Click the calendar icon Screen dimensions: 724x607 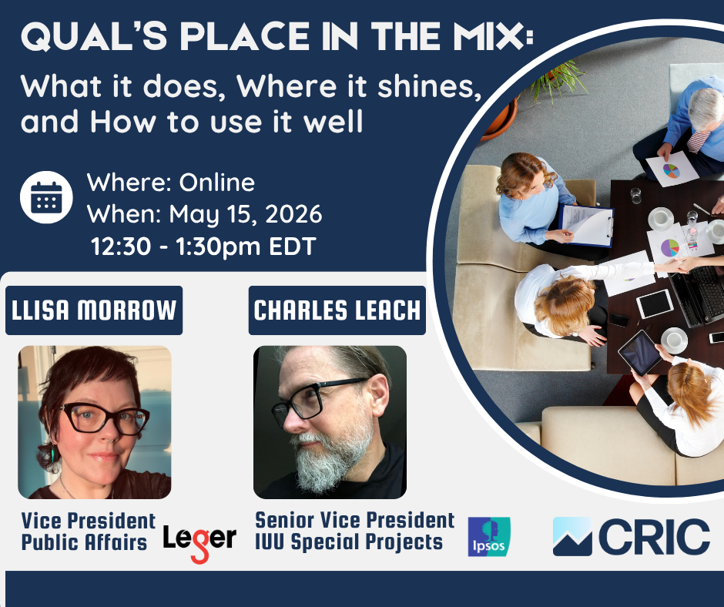(46, 197)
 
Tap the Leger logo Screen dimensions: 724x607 (199, 542)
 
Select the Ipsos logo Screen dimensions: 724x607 (489, 536)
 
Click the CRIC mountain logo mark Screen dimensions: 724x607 (572, 536)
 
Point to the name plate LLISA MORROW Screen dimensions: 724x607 (94, 310)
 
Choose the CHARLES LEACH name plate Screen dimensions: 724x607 (337, 310)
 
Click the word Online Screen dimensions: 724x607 (216, 183)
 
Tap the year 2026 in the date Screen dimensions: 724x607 (293, 214)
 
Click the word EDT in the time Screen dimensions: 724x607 (292, 246)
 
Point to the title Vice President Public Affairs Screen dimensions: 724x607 (89, 532)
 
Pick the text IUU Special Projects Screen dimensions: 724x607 (349, 542)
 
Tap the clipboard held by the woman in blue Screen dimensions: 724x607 (586, 226)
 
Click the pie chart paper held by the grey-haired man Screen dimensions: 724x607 (672, 169)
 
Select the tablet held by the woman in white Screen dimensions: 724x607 (640, 353)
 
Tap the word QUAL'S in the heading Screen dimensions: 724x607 (94, 36)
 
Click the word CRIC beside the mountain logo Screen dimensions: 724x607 (654, 536)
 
